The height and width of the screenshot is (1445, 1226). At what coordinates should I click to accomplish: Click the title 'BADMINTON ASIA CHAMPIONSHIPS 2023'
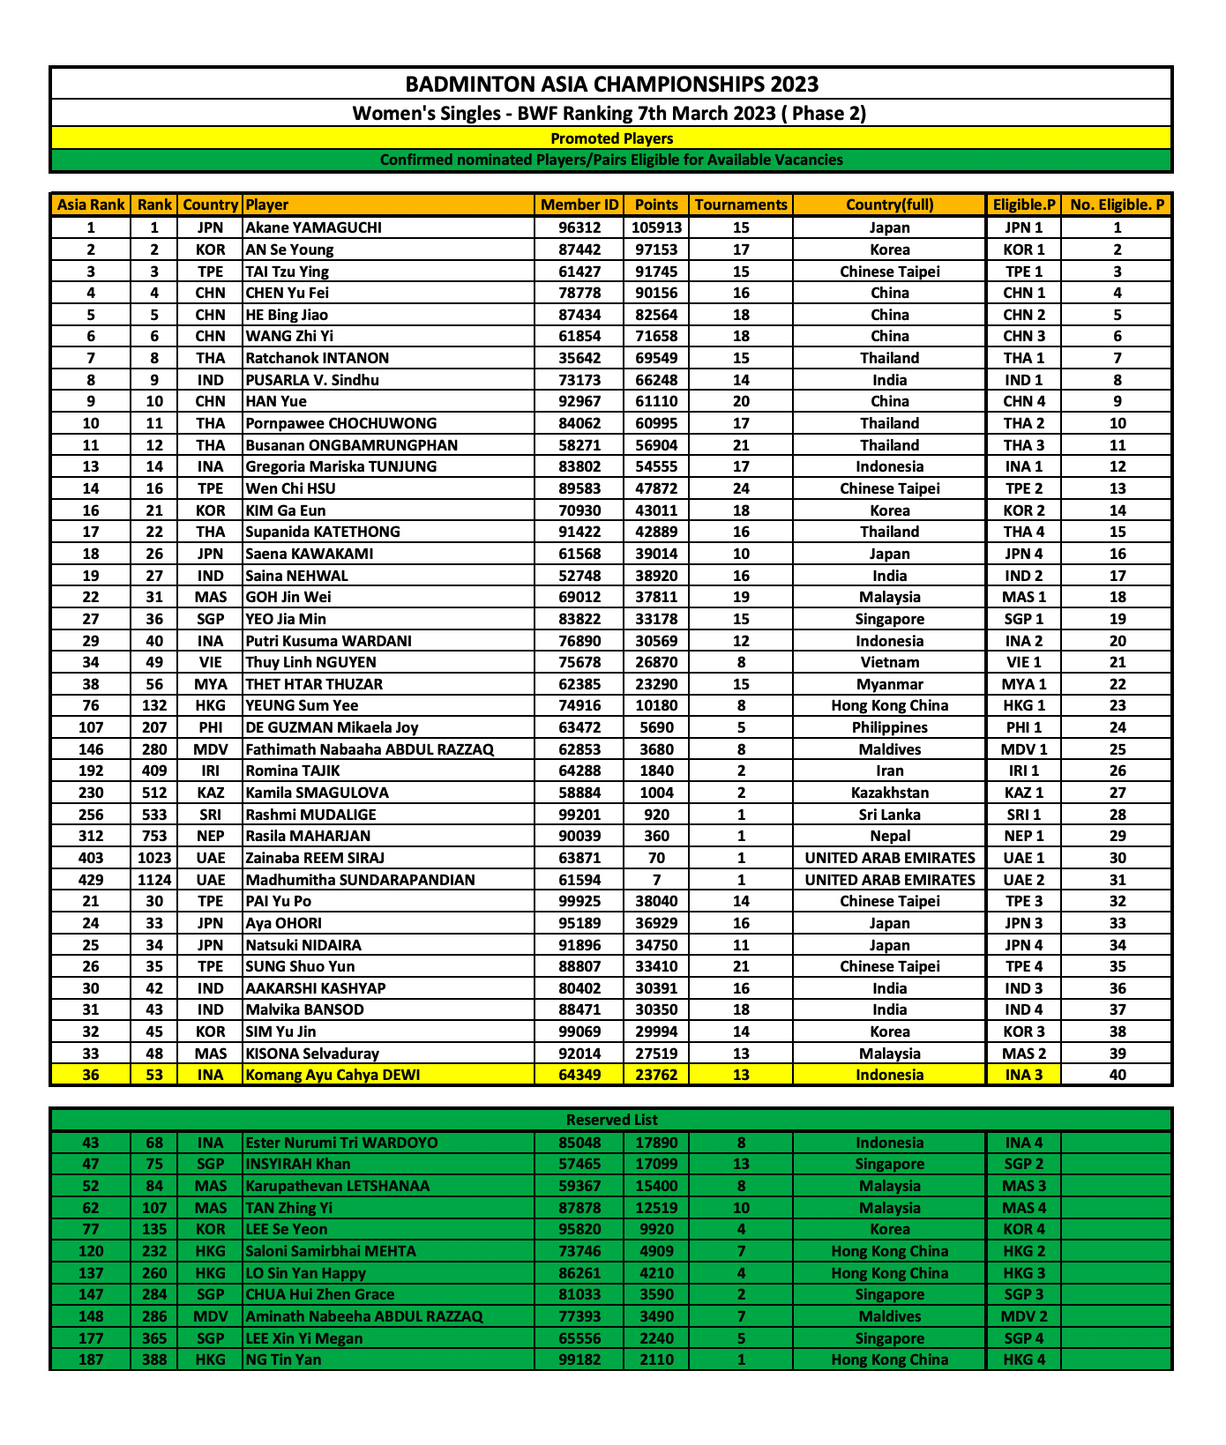tap(611, 85)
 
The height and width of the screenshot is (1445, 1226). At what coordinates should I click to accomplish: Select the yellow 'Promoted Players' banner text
tap(611, 138)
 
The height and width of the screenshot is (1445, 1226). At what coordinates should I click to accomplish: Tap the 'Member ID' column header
tap(579, 205)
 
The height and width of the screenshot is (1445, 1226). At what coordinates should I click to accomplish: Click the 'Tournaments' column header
tap(741, 205)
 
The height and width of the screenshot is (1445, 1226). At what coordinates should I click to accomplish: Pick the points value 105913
tap(656, 227)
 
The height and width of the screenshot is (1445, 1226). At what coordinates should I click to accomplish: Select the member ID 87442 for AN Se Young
tap(579, 250)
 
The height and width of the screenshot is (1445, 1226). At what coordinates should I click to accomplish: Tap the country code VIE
tap(211, 662)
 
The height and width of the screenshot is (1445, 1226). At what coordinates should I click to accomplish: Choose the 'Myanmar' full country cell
tap(889, 684)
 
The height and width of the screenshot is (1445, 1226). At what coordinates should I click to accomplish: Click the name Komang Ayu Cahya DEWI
tap(333, 1075)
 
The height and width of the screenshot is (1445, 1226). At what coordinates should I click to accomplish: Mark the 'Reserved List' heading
tap(611, 1120)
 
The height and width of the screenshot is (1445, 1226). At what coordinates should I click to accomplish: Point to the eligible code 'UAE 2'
tap(1023, 880)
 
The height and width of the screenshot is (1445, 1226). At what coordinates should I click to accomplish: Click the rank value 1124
tap(154, 880)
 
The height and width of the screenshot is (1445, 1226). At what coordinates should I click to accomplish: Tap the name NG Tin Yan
tap(283, 1359)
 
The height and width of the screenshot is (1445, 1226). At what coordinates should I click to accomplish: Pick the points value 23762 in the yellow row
tap(656, 1075)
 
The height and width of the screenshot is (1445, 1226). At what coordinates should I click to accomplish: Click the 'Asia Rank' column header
tap(91, 205)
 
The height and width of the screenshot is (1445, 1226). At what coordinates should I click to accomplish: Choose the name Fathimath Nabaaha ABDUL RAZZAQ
tap(370, 749)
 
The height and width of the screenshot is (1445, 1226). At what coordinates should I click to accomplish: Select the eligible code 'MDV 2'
tap(1023, 1316)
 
